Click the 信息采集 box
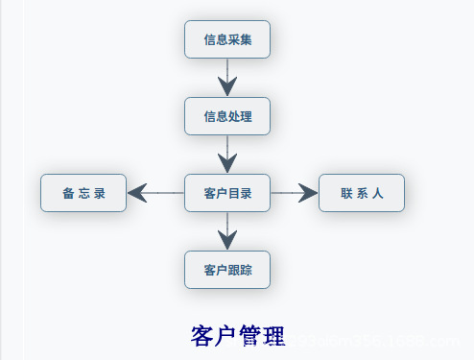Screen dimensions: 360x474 [x=227, y=39]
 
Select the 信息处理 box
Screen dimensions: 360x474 [x=227, y=116]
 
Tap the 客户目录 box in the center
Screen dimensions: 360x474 [x=227, y=193]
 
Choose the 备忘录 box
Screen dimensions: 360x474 [x=83, y=193]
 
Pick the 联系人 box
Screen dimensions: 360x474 [x=362, y=193]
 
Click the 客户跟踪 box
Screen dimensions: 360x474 [x=227, y=270]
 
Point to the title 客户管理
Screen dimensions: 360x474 [x=238, y=336]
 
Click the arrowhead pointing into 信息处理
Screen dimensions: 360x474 [x=227, y=86]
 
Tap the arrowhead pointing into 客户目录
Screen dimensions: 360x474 [x=227, y=163]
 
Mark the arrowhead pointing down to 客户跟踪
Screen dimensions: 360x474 [x=227, y=240]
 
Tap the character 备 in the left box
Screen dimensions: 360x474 [x=68, y=194]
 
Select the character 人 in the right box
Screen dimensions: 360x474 [x=378, y=194]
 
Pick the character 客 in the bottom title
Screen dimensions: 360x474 [x=202, y=336]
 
